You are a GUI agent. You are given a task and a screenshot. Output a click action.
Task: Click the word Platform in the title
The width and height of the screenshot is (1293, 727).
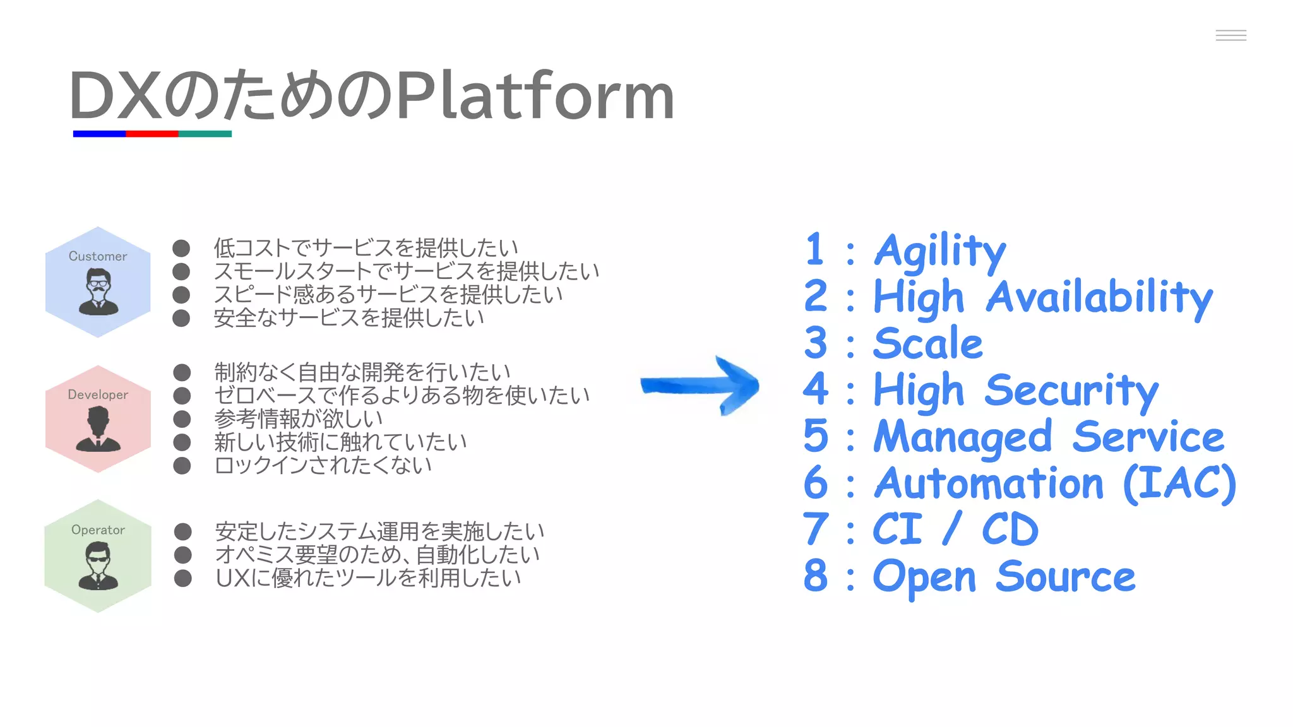point(535,96)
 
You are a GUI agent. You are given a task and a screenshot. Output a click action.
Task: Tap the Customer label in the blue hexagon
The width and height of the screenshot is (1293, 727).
point(98,256)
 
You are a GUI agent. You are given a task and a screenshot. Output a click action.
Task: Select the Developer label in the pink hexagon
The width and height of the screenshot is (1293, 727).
point(98,394)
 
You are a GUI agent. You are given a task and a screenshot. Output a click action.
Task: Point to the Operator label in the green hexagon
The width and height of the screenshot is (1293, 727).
point(98,529)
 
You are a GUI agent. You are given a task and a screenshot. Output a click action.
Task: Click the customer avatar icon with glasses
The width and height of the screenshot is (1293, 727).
point(98,292)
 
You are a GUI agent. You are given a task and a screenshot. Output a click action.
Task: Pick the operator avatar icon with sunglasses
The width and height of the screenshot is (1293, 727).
point(98,565)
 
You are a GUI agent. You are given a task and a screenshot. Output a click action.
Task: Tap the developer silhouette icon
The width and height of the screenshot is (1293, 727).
point(98,429)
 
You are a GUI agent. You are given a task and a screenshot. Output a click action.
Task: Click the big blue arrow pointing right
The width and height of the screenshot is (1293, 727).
point(701,386)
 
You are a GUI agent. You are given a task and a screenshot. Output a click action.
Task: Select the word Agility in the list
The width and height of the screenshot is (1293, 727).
point(939,251)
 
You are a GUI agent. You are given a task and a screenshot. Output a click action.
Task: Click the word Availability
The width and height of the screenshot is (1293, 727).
point(1099,297)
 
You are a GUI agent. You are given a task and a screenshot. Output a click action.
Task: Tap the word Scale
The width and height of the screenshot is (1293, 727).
point(927,343)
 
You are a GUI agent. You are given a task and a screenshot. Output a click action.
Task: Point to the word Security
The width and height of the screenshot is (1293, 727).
point(1071,391)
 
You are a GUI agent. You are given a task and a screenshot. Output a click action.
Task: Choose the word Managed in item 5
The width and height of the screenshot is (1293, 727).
point(962,437)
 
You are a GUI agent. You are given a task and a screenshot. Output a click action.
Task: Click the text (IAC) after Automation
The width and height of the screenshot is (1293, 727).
point(1179,483)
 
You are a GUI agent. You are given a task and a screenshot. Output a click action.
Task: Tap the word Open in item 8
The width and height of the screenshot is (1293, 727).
point(924,577)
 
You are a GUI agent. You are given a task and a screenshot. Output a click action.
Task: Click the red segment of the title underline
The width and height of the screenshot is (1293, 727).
point(152,134)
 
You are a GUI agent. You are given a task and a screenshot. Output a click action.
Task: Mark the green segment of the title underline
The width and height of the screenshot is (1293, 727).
point(205,134)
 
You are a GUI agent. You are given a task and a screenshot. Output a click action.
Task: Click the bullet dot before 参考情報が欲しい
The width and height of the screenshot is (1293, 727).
point(182,419)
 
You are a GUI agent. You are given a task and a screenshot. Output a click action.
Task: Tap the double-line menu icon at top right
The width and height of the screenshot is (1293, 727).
point(1230,35)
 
